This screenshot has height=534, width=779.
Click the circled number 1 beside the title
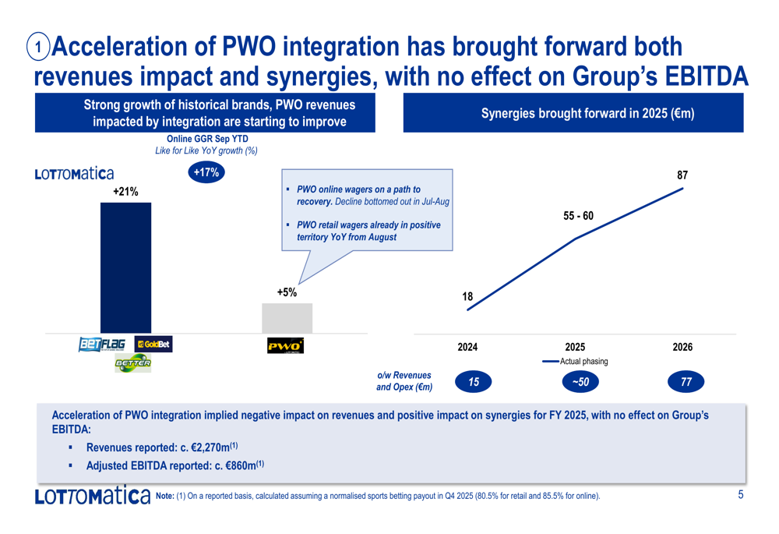[38, 47]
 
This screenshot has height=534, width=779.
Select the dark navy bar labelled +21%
[125, 267]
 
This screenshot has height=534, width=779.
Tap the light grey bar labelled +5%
[287, 318]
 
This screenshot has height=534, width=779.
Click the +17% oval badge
[206, 172]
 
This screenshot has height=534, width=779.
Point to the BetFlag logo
[102, 344]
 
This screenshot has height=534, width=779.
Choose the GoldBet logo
[153, 344]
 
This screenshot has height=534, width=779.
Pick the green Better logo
[132, 363]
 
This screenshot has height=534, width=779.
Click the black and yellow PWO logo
[285, 345]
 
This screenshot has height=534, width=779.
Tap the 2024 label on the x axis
[467, 347]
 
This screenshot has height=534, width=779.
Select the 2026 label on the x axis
[682, 347]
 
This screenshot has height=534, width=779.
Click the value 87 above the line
[682, 175]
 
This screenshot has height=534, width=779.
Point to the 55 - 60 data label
[578, 216]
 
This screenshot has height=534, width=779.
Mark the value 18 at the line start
[467, 297]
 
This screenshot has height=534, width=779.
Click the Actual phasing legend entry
[576, 362]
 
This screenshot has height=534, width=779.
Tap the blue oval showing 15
[474, 382]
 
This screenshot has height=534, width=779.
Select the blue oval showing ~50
[580, 382]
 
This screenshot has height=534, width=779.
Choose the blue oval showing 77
[686, 382]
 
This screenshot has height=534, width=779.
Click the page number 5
[741, 495]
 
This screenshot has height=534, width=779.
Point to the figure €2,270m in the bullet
[210, 448]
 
